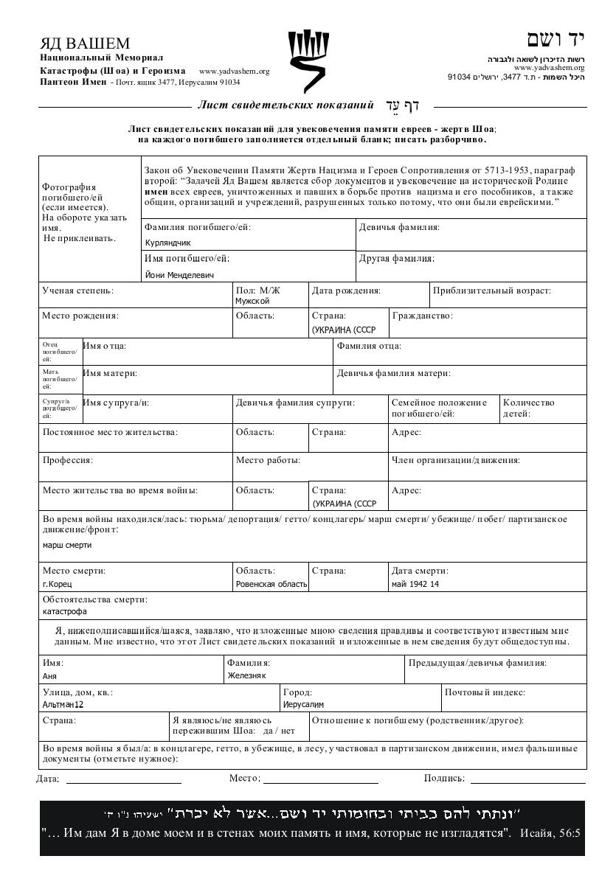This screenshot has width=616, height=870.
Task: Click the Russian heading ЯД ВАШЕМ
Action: click(x=85, y=43)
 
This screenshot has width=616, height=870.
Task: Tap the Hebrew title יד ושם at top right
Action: click(x=556, y=40)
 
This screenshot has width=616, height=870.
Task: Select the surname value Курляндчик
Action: click(x=168, y=242)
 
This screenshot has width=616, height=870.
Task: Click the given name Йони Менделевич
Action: click(x=179, y=275)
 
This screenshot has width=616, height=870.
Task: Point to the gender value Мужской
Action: click(x=252, y=301)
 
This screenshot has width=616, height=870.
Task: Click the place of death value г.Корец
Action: click(x=58, y=584)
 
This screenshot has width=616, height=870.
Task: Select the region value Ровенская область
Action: click(x=271, y=584)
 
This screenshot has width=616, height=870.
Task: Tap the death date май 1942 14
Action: click(x=415, y=584)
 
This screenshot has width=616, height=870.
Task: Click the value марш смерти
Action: click(x=67, y=545)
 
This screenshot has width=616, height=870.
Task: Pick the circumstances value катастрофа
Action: click(x=65, y=611)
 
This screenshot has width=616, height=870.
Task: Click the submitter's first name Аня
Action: click(x=50, y=675)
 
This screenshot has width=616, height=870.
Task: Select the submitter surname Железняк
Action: click(x=246, y=675)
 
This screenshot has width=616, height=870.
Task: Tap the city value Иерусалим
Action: click(x=304, y=705)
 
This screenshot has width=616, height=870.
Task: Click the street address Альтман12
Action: click(x=63, y=705)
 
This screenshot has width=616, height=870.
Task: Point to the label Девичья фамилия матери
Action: click(x=394, y=374)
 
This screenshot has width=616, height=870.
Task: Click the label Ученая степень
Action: click(x=78, y=290)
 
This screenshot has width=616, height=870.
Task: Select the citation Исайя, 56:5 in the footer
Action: click(x=550, y=834)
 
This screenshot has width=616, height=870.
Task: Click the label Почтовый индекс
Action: click(x=485, y=692)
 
